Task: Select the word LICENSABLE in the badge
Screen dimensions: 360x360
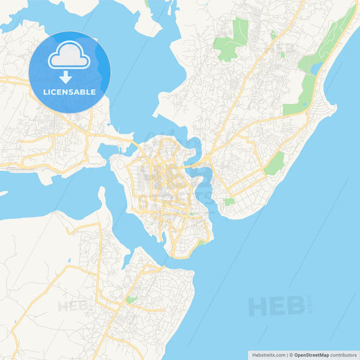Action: (69, 91)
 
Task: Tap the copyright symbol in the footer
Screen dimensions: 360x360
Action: (290, 354)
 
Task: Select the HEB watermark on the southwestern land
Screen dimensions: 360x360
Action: (74, 306)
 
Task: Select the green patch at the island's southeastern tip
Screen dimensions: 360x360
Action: (199, 244)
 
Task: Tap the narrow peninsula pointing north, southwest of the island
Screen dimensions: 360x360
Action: (102, 197)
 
